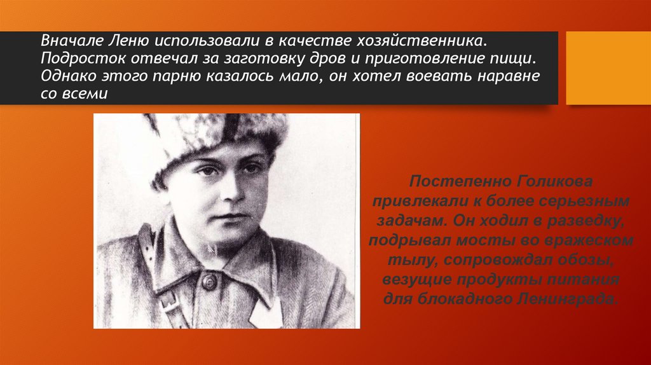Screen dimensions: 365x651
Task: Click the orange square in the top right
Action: pos(608,67)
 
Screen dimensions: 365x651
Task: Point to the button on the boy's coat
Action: pos(209,280)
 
